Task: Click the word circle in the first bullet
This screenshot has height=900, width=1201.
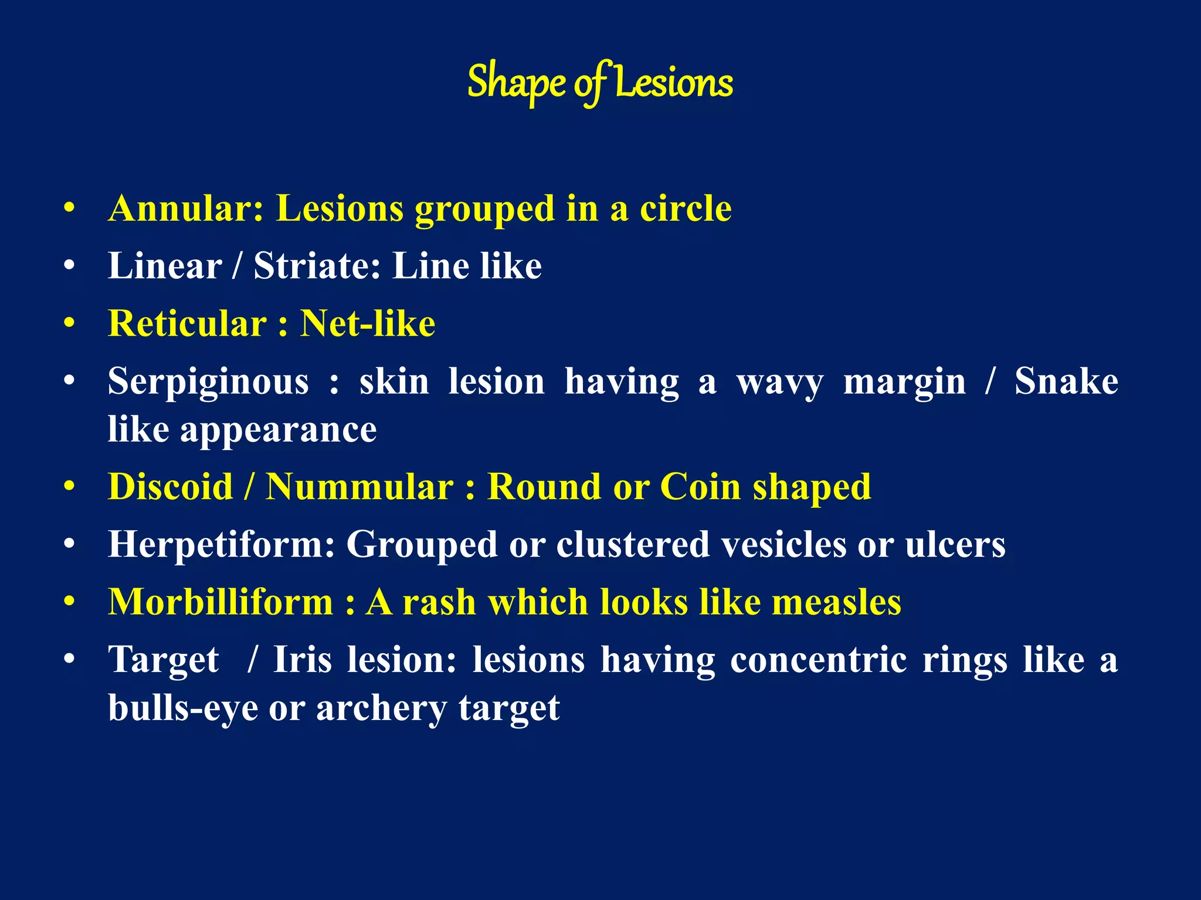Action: click(x=686, y=209)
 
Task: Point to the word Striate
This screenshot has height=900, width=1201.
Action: click(x=317, y=266)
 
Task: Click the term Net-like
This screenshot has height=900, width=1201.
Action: click(x=368, y=323)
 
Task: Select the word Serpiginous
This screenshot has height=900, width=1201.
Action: click(x=208, y=381)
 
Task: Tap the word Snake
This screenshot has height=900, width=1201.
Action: click(x=1066, y=381)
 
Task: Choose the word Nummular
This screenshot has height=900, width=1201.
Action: click(x=359, y=486)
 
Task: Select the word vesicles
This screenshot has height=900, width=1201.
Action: click(x=783, y=544)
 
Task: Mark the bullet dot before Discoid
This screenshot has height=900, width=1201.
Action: click(x=70, y=486)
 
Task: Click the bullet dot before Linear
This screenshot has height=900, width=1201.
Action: click(x=70, y=266)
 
